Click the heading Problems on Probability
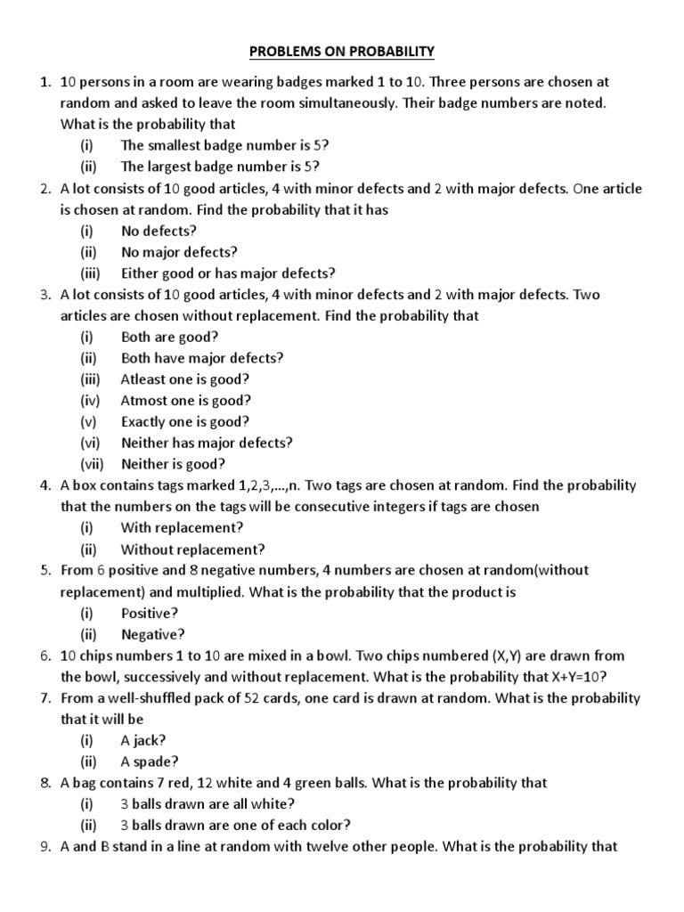(x=341, y=53)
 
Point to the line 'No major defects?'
(x=179, y=252)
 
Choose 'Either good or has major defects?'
(x=228, y=273)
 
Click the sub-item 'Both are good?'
(x=169, y=337)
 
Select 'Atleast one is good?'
(x=185, y=379)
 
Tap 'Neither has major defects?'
(x=207, y=443)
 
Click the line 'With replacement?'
(x=182, y=528)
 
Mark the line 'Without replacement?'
(x=192, y=550)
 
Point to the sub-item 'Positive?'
(x=150, y=614)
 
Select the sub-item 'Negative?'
(x=153, y=635)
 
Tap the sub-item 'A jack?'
(x=143, y=740)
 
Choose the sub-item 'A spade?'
(x=150, y=761)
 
